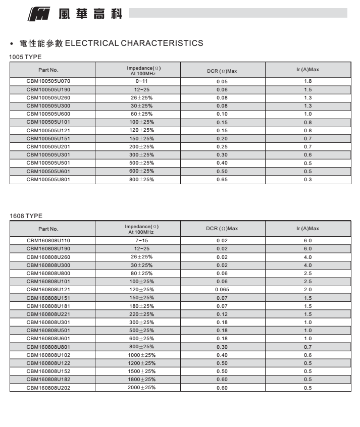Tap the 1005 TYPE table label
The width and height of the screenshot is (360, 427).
pos(25,57)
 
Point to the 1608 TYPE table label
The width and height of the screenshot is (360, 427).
pos(26,216)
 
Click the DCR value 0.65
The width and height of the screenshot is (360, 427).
pos(222,180)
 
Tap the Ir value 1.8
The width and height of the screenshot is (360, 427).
pos(307,81)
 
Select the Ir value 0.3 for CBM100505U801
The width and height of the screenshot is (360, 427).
pos(307,180)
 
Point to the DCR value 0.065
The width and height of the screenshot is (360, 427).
pos(222,290)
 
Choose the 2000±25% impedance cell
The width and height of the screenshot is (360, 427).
pos(141,387)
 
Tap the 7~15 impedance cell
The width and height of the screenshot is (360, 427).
pos(141,241)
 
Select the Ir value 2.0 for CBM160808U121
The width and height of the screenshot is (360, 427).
pos(307,290)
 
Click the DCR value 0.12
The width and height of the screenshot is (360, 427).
pos(222,314)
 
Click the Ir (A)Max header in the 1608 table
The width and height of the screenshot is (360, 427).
pos(307,229)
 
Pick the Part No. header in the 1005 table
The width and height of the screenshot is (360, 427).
pos(48,70)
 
